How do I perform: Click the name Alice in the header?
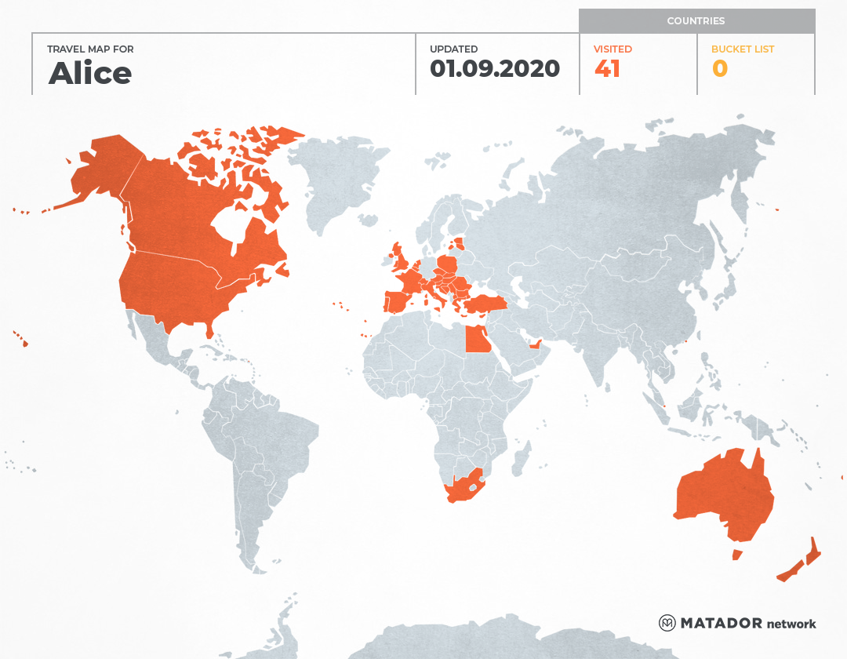pyautogui.click(x=90, y=74)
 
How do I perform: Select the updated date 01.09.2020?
pyautogui.click(x=495, y=69)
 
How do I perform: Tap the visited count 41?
pyautogui.click(x=608, y=69)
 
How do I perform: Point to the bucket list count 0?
pyautogui.click(x=720, y=69)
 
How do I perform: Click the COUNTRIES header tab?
pyautogui.click(x=696, y=21)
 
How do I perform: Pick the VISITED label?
pyautogui.click(x=613, y=49)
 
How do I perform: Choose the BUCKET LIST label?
pyautogui.click(x=743, y=49)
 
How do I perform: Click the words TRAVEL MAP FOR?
pyautogui.click(x=90, y=49)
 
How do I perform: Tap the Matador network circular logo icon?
pyautogui.click(x=667, y=623)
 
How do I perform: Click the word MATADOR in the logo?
pyautogui.click(x=722, y=624)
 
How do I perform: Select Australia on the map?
pyautogui.click(x=722, y=494)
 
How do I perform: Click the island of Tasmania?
pyautogui.click(x=737, y=555)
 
